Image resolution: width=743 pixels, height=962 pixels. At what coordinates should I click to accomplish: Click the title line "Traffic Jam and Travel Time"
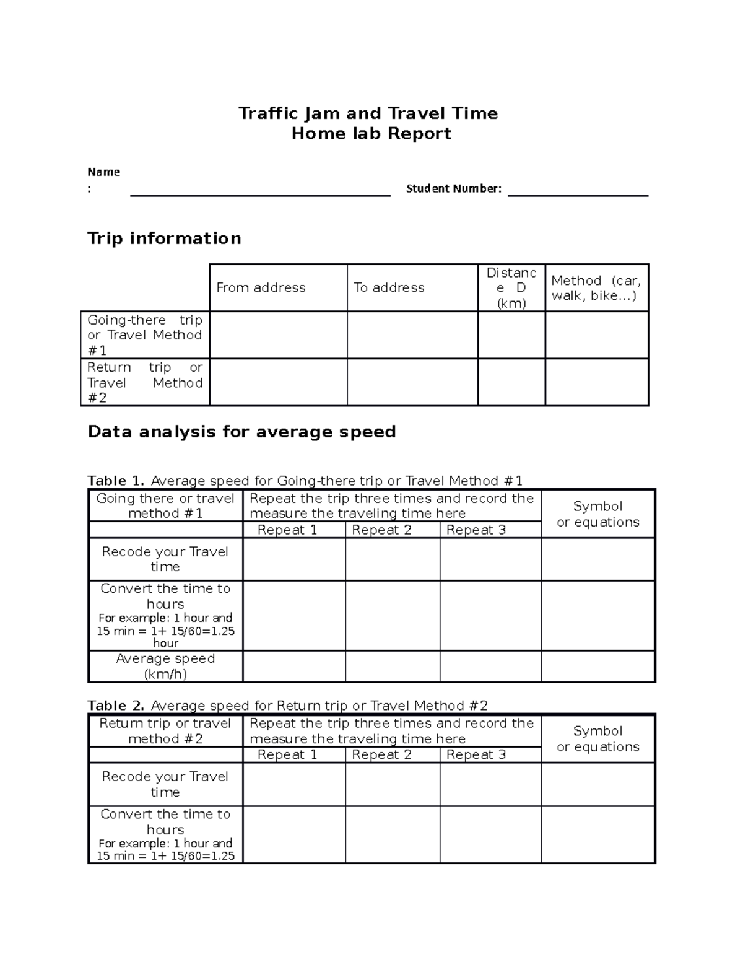pos(368,113)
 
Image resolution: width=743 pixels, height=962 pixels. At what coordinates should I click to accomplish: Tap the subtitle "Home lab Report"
pos(371,134)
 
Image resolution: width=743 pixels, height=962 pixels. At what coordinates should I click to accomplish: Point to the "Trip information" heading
pos(164,238)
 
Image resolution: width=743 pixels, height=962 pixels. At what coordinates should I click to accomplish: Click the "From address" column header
pos(261,287)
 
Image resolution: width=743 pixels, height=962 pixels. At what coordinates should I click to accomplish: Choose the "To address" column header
pos(389,287)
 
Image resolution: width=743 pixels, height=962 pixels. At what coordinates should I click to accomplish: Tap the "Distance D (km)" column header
pos(511,288)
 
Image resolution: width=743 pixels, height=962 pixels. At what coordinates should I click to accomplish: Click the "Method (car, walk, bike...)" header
pos(596,288)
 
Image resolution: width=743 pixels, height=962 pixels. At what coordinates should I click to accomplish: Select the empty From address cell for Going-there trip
pos(278,335)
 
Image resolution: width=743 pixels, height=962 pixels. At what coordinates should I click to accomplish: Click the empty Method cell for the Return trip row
pos(596,382)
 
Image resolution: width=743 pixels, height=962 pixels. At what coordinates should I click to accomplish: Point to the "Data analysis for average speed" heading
pos(241,432)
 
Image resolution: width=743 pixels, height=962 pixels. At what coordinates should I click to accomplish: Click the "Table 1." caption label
pos(116,481)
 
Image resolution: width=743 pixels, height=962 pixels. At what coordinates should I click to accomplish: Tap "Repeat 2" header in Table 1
pos(381,530)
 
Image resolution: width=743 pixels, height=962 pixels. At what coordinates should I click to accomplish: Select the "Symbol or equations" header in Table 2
pos(597,738)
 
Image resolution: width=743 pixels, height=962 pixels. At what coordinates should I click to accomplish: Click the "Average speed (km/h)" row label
pos(165,667)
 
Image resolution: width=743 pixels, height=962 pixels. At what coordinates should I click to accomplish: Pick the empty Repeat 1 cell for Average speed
pos(293,667)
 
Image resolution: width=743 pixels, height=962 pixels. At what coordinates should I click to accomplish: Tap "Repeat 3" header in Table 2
pos(476,754)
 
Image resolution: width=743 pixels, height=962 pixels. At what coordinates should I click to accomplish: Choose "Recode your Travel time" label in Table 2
pos(165,784)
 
